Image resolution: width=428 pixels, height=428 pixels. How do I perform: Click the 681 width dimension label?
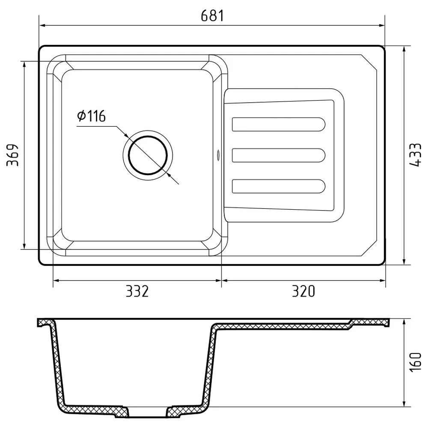tap(212, 16)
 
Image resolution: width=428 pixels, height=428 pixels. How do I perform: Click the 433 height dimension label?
tap(415, 155)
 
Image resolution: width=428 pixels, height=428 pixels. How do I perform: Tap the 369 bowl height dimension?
tap(12, 155)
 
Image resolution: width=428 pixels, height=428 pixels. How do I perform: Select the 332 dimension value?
tap(137, 291)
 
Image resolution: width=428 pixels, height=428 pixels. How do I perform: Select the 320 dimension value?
tap(303, 291)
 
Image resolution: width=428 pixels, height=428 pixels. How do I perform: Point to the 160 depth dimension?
tap(415, 362)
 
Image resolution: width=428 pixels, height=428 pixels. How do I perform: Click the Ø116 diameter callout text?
tap(91, 116)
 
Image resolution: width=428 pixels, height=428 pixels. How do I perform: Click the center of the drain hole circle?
tap(148, 155)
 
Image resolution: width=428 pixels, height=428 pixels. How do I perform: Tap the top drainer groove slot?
tap(279, 124)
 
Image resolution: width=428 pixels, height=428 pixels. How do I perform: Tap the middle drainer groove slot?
tap(279, 155)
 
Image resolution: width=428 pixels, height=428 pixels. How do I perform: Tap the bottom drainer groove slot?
tap(279, 186)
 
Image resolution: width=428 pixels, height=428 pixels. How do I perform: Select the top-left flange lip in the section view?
tap(43, 322)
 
